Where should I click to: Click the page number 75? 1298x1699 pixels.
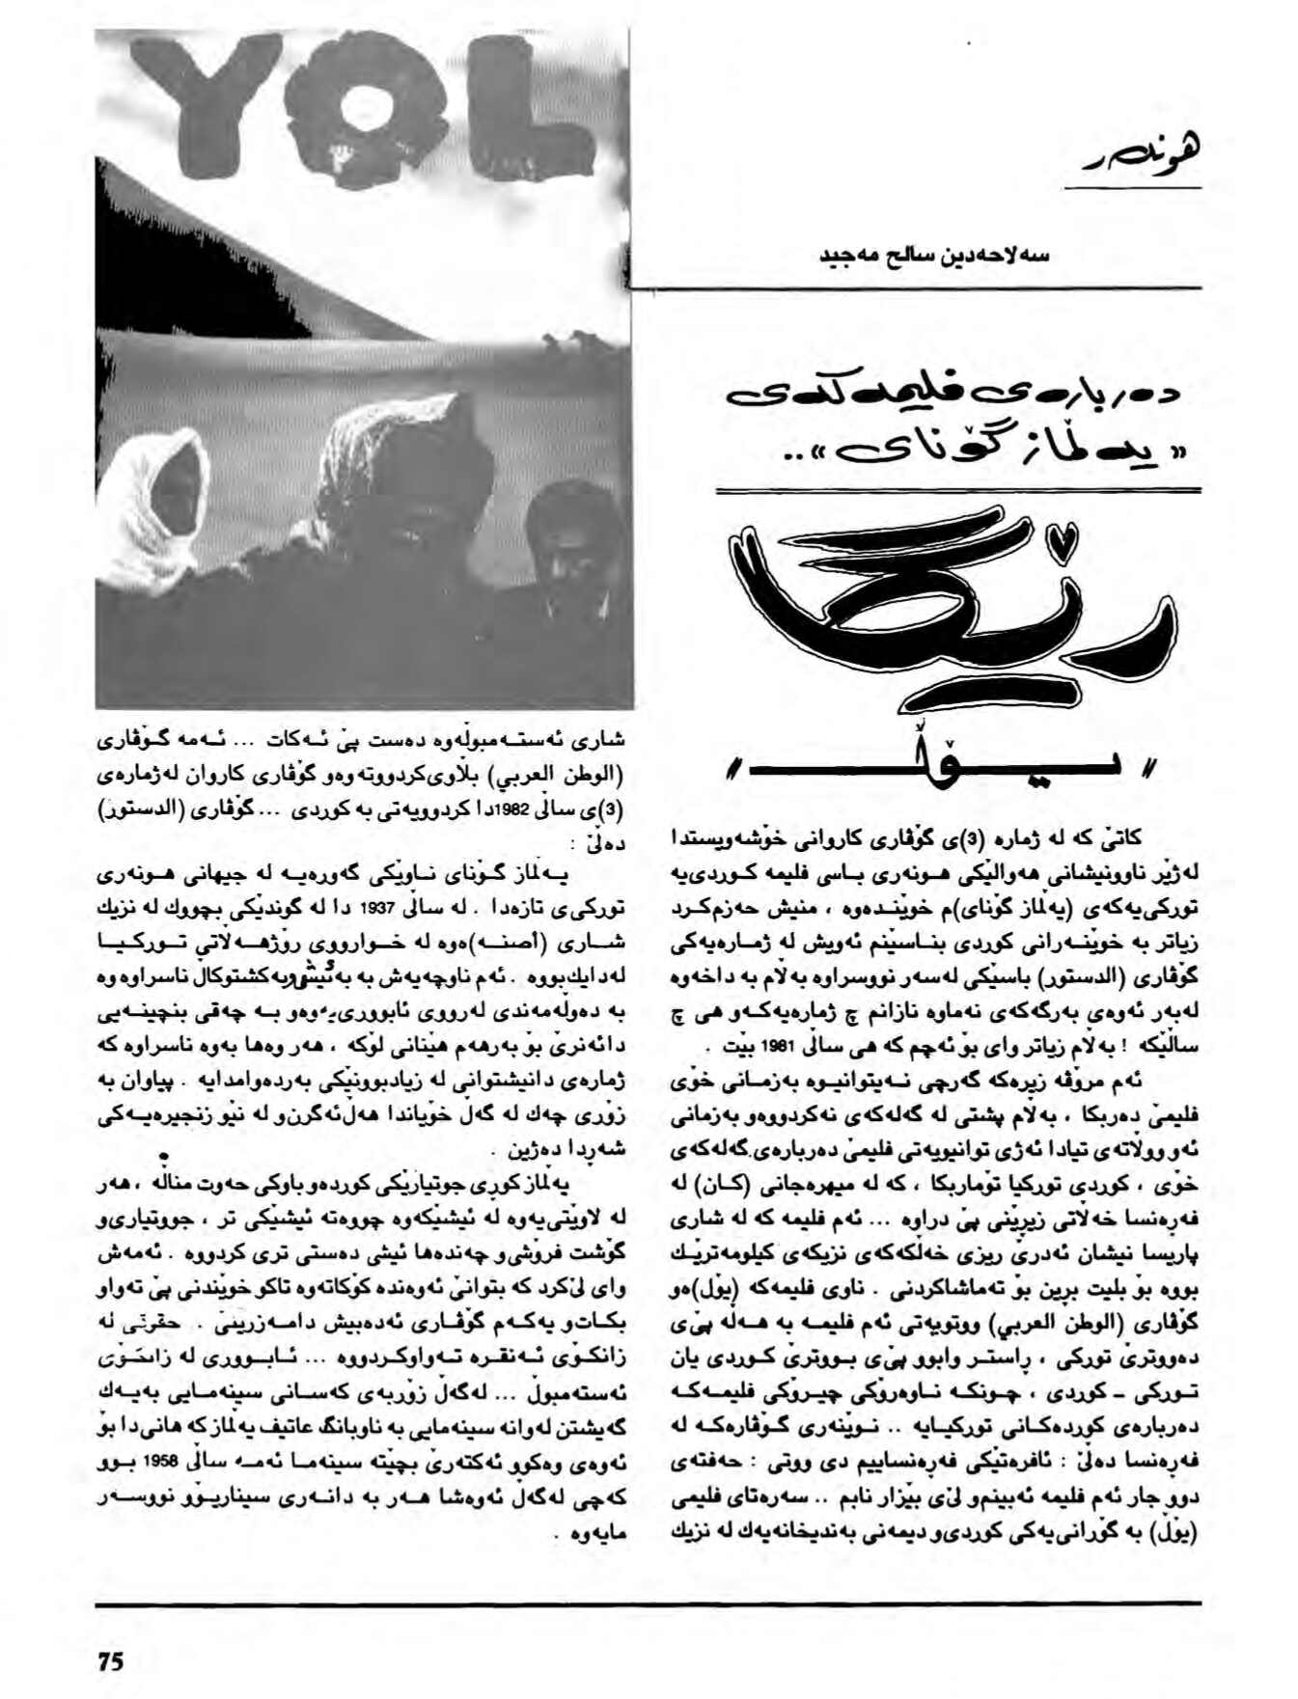[111, 1661]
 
